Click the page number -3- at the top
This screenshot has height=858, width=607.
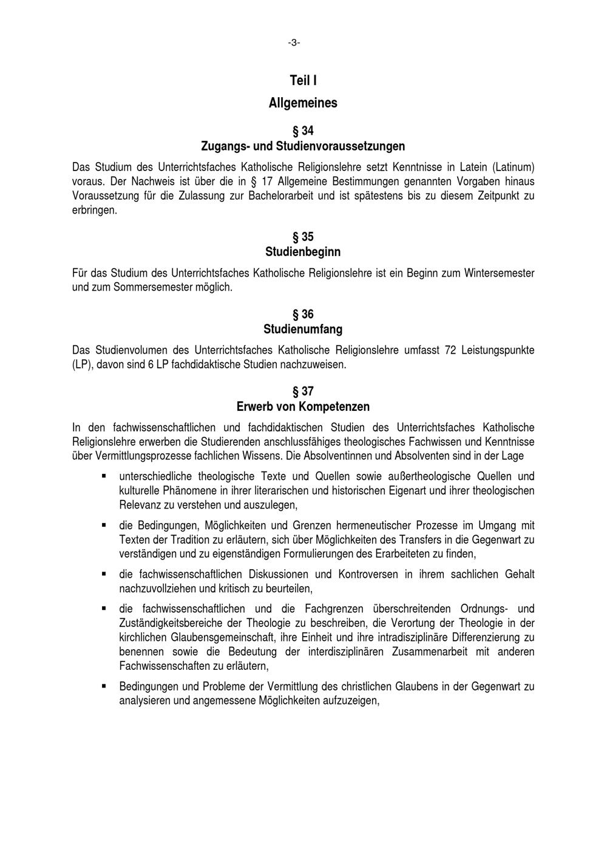[294, 42]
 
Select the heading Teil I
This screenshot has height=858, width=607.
[303, 81]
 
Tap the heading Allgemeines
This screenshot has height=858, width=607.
[303, 103]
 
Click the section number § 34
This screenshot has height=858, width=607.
[303, 131]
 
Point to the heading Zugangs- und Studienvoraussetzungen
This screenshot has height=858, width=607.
[303, 146]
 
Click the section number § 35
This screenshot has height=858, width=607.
[303, 237]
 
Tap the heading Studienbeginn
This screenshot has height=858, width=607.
[303, 252]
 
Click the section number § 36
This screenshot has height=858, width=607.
[303, 314]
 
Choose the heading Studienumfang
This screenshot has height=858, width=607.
[303, 329]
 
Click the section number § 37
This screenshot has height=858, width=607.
[303, 391]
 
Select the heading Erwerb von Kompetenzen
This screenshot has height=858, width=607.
[303, 407]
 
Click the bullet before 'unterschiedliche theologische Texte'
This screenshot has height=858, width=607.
[104, 476]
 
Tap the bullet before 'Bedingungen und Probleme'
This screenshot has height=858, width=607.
[104, 686]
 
